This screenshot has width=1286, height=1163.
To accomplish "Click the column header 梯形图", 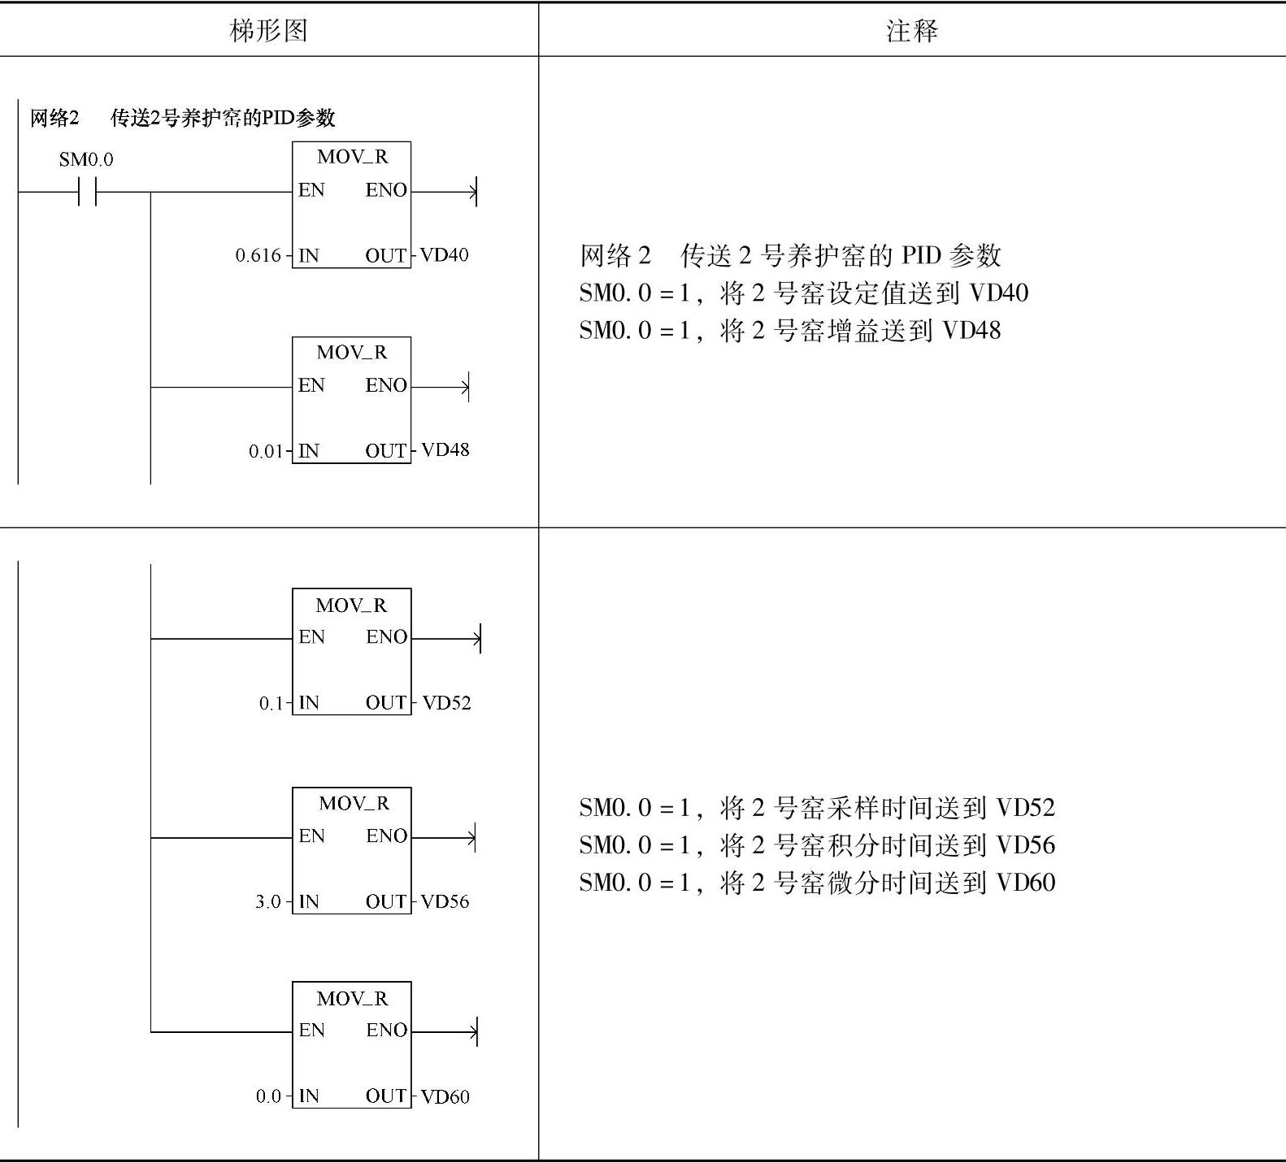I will pos(268,31).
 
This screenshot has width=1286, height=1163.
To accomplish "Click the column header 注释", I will pos(911,31).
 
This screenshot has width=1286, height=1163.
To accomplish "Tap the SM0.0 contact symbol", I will pos(87,193).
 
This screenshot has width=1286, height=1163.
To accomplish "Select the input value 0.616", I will pos(259,255).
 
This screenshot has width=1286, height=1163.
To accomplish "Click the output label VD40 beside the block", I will pos(445,254).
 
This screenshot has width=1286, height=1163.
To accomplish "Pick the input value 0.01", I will pos(266,451).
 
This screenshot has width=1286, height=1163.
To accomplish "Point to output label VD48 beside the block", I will pos(445,449).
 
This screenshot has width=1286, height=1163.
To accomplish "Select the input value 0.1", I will pos(271,703).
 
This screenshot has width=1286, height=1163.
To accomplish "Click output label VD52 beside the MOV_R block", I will pos(446,703).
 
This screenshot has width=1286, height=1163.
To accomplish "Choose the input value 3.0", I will pos(268,901).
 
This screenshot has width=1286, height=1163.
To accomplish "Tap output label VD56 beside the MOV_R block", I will pos(445,901).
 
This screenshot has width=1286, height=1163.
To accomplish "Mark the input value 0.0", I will pos(268,1096).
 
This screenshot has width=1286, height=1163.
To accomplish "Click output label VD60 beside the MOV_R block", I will pos(445,1096).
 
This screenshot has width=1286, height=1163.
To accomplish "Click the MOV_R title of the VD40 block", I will pos(352,157).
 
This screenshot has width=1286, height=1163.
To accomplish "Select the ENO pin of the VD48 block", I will pos(386,385).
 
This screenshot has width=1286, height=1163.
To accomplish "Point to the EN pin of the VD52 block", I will pos(311,637).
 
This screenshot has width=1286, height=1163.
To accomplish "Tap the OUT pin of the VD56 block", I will pos(385,901).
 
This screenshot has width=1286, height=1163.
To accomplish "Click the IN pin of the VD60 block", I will pos(309,1096).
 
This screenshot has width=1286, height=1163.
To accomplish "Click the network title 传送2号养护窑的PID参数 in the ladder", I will pos(223,119).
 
